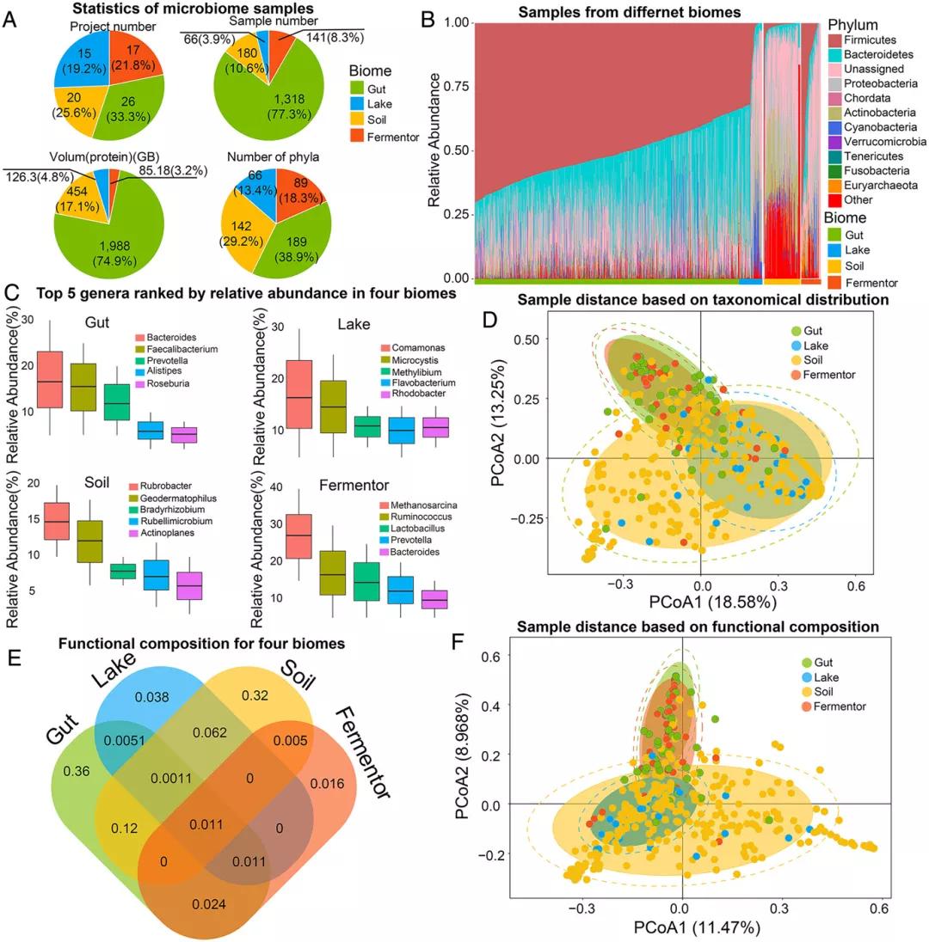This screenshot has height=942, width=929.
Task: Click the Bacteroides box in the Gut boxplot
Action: (x=51, y=379)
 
